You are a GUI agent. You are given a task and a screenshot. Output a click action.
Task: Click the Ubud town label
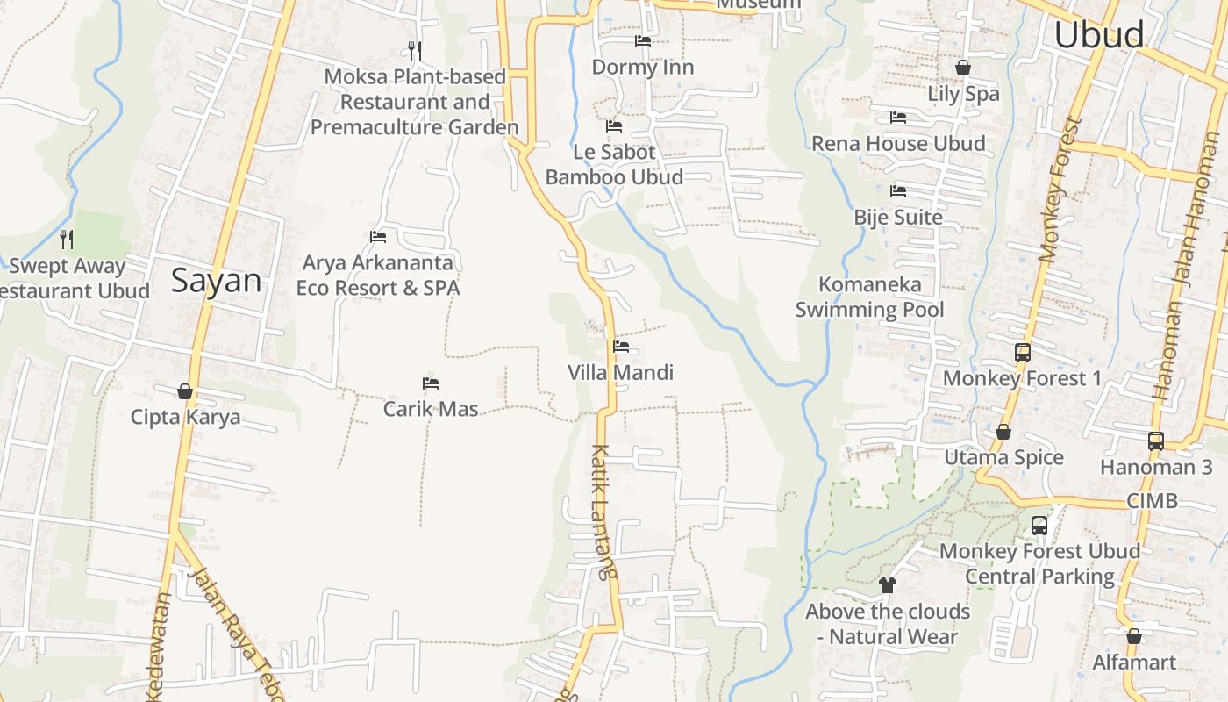[1098, 35]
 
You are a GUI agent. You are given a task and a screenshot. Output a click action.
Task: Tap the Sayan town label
[216, 281]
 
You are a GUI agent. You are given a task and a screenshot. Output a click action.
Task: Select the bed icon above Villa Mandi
[621, 347]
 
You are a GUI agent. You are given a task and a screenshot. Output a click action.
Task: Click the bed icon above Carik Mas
[430, 383]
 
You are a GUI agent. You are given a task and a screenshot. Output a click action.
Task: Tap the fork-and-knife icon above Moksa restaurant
[415, 50]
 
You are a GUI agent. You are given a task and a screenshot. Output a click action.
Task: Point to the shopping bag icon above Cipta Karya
[185, 391]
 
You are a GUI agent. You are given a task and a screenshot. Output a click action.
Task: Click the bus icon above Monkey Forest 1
[1022, 353]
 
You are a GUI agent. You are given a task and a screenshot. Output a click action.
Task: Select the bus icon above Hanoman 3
[1156, 441]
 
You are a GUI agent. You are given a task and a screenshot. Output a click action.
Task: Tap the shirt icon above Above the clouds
[887, 585]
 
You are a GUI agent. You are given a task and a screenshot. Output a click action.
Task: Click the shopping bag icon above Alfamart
[1133, 637]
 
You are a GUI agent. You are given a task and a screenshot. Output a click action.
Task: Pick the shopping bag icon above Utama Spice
[1003, 432]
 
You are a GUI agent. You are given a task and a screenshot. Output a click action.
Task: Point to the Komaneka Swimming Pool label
[869, 297]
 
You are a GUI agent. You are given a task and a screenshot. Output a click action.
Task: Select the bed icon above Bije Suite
[897, 191]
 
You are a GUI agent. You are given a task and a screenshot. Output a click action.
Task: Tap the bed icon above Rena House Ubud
[897, 118]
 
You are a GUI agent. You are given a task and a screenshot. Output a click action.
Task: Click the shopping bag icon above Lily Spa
[962, 68]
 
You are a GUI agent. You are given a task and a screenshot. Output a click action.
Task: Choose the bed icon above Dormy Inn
[643, 41]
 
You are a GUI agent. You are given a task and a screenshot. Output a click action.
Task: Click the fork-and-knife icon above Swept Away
[66, 239]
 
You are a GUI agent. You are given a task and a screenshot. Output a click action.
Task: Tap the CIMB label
[1152, 501]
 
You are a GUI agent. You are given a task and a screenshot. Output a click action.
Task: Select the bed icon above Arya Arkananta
[378, 237]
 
